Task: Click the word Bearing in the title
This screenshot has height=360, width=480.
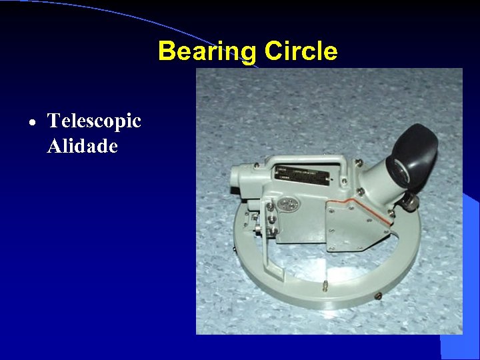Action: point(207,51)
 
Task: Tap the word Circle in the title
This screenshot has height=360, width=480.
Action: point(301,51)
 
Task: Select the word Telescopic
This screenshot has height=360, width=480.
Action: point(94,121)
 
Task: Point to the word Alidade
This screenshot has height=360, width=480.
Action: point(83,146)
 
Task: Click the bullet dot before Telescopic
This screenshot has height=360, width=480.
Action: point(33,123)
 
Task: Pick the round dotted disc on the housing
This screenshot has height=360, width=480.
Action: point(288,205)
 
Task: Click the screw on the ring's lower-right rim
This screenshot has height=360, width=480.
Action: point(379,295)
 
